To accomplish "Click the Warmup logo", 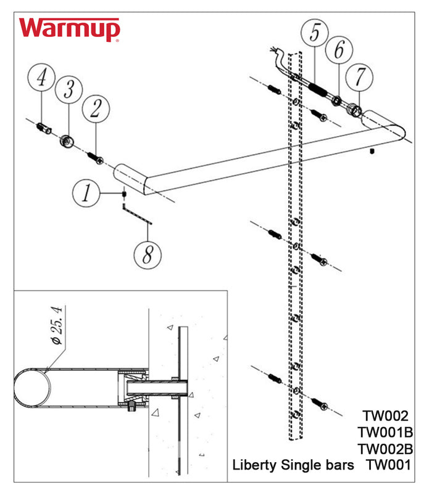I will coord(69,30).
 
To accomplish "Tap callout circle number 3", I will coord(69,91).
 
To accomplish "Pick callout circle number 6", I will coord(338,51).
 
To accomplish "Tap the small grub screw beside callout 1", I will coord(124,194).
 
